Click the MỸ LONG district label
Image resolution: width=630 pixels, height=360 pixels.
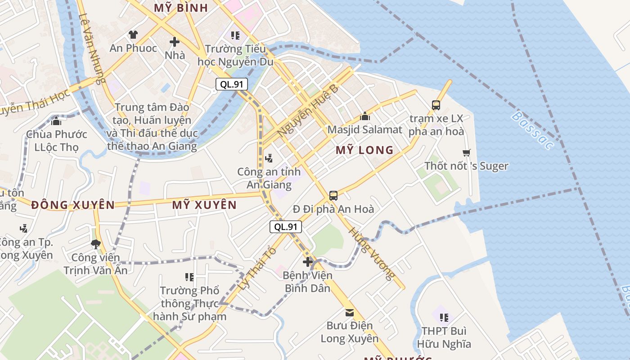coord(364,150)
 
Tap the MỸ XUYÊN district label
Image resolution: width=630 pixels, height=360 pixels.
coord(204,205)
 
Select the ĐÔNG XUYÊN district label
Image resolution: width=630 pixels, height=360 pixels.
coord(73,205)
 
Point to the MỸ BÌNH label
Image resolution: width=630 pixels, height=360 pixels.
coord(181,8)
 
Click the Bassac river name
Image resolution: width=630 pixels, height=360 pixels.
coord(532,130)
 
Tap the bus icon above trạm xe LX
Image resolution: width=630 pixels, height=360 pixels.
coord(436,105)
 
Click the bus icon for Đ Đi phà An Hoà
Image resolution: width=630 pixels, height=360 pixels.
coord(333,195)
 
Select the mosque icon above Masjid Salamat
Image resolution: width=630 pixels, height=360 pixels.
coord(364,117)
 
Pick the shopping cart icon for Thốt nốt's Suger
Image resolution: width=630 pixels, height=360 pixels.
coord(466,153)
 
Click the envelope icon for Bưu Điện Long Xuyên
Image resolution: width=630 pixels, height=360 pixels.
coord(349,312)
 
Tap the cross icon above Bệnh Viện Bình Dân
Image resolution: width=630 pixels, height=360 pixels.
coord(308,262)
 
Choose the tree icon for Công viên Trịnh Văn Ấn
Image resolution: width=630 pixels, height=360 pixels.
coord(95,244)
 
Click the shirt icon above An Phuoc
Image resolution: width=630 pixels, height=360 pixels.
coord(133,35)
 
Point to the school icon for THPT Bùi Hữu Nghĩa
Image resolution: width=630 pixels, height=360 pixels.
coord(444,318)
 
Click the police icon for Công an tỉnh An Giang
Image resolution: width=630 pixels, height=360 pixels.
coord(269,158)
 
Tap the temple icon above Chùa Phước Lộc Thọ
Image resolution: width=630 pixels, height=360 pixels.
coord(56,121)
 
